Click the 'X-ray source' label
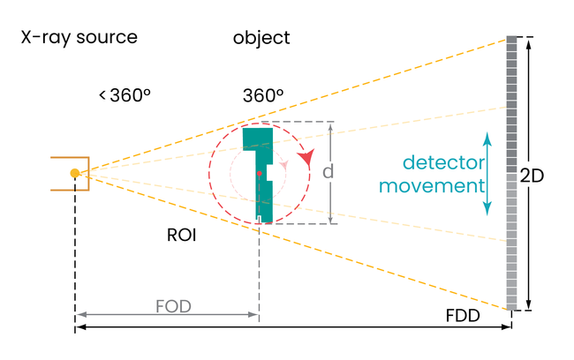[x=79, y=37]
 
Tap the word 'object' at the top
[x=261, y=38]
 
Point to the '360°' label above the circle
[x=263, y=95]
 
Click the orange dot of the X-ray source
[x=75, y=173]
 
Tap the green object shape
[x=263, y=190]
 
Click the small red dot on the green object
[x=259, y=174]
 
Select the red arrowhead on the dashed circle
[x=306, y=157]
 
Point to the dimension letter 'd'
[x=328, y=172]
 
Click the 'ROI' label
[x=181, y=236]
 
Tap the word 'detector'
[x=444, y=163]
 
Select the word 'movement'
[x=444, y=186]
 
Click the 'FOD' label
[x=173, y=306]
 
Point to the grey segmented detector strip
[x=511, y=173]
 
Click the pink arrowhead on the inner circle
[x=283, y=164]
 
